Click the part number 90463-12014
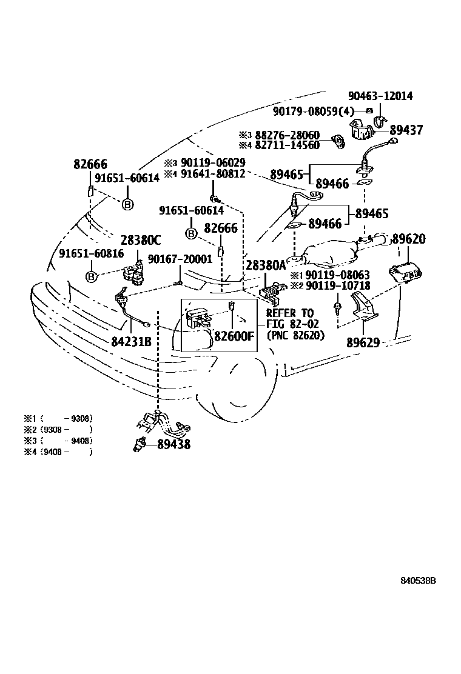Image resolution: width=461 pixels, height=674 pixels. tap(380, 96)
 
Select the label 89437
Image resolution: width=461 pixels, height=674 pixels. tap(406, 130)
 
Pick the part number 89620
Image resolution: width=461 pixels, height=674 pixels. tap(409, 239)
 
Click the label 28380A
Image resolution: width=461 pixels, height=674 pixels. tap(265, 265)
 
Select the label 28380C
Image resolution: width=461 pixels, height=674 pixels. tap(140, 239)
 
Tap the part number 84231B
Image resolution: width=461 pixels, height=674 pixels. tap(130, 342)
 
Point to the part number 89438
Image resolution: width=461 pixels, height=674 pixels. tap(173, 444)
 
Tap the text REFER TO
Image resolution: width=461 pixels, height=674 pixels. tap(290, 313)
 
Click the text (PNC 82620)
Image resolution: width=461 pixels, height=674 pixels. tap(295, 335)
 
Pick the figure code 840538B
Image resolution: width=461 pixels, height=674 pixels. tap(418, 580)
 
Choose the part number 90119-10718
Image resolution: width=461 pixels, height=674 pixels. tap(338, 285)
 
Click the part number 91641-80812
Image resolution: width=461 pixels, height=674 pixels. tap(212, 173)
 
